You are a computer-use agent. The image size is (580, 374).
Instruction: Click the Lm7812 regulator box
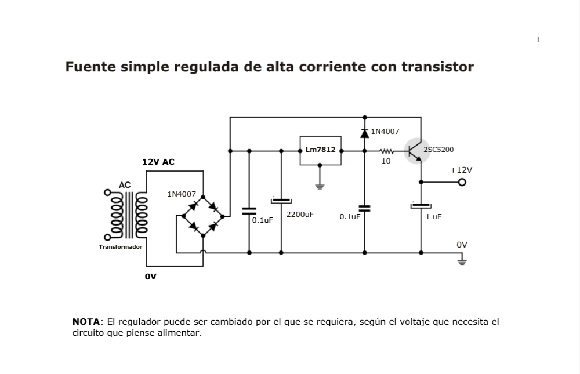tap(320, 150)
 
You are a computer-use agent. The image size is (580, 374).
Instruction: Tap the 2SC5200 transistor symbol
tap(417, 151)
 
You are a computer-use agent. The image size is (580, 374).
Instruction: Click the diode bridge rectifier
tap(202, 216)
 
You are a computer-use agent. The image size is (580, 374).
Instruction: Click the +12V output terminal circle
tap(462, 182)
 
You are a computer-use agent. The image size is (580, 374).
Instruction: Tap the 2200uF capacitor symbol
tap(281, 201)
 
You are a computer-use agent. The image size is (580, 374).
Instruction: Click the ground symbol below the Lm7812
tap(320, 186)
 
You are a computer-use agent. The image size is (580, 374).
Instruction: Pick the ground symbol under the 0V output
tap(462, 262)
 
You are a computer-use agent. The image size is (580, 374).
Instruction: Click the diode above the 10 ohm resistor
tap(364, 133)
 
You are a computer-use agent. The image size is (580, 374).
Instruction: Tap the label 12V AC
tap(158, 162)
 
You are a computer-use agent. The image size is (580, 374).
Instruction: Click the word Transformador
tap(120, 246)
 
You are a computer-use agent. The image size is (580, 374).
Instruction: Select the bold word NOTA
tap(86, 321)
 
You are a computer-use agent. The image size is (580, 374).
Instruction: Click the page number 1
tap(538, 40)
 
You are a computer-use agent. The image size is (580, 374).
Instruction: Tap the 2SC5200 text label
tap(438, 150)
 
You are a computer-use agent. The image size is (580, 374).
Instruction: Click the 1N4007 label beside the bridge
tap(182, 194)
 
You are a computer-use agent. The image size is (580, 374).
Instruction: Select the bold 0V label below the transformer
tap(151, 277)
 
